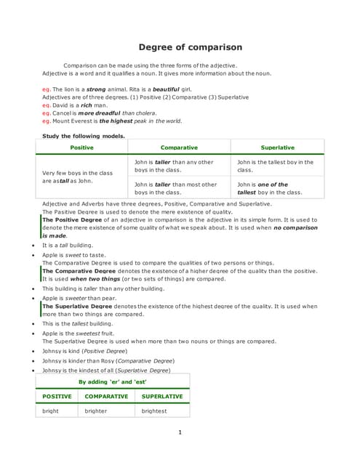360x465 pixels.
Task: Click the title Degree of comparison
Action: [191, 47]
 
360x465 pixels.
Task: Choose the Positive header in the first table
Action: [81, 147]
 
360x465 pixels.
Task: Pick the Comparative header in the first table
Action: [179, 147]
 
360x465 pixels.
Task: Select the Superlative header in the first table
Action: [277, 147]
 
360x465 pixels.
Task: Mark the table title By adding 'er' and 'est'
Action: [112, 381]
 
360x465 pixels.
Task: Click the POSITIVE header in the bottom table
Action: [57, 397]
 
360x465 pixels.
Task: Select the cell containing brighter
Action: [96, 411]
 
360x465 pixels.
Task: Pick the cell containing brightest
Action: [154, 411]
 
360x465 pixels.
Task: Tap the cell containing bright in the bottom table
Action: [51, 411]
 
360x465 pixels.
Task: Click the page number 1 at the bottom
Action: [180, 433]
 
